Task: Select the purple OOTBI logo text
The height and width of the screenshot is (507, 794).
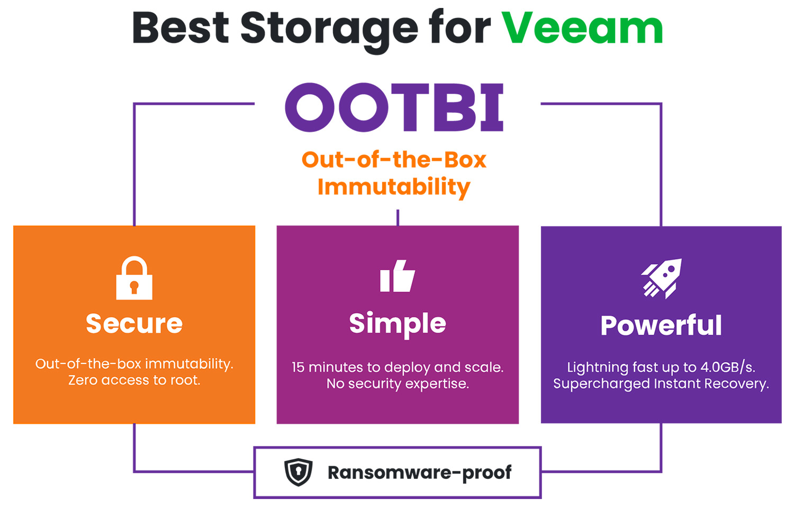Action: [x=394, y=108]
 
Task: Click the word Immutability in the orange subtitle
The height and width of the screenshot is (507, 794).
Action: [x=394, y=187]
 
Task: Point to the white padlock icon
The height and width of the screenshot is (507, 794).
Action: [x=134, y=278]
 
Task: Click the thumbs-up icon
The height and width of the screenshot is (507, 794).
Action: [x=398, y=276]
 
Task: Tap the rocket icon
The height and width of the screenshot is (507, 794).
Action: [x=662, y=279]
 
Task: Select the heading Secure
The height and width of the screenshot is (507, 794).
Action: [x=134, y=324]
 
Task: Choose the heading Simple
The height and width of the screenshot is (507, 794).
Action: [x=398, y=324]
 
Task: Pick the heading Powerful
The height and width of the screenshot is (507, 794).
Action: [x=661, y=325]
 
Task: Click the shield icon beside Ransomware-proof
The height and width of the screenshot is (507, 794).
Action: [x=299, y=472]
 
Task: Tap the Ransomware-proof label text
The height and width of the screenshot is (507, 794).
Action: [x=419, y=473]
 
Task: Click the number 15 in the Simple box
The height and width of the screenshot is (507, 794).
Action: [x=297, y=368]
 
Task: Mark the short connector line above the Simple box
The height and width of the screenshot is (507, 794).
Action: [x=398, y=218]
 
